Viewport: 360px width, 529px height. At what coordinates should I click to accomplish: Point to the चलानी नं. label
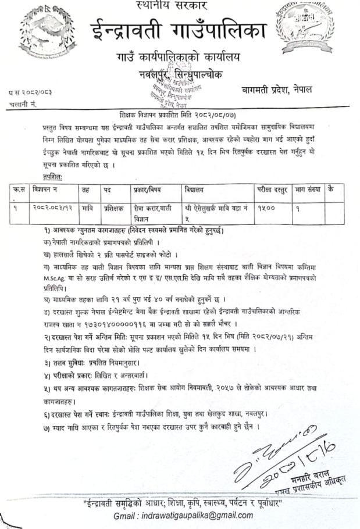(24, 103)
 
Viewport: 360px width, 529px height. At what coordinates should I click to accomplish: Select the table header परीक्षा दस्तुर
(271, 189)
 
